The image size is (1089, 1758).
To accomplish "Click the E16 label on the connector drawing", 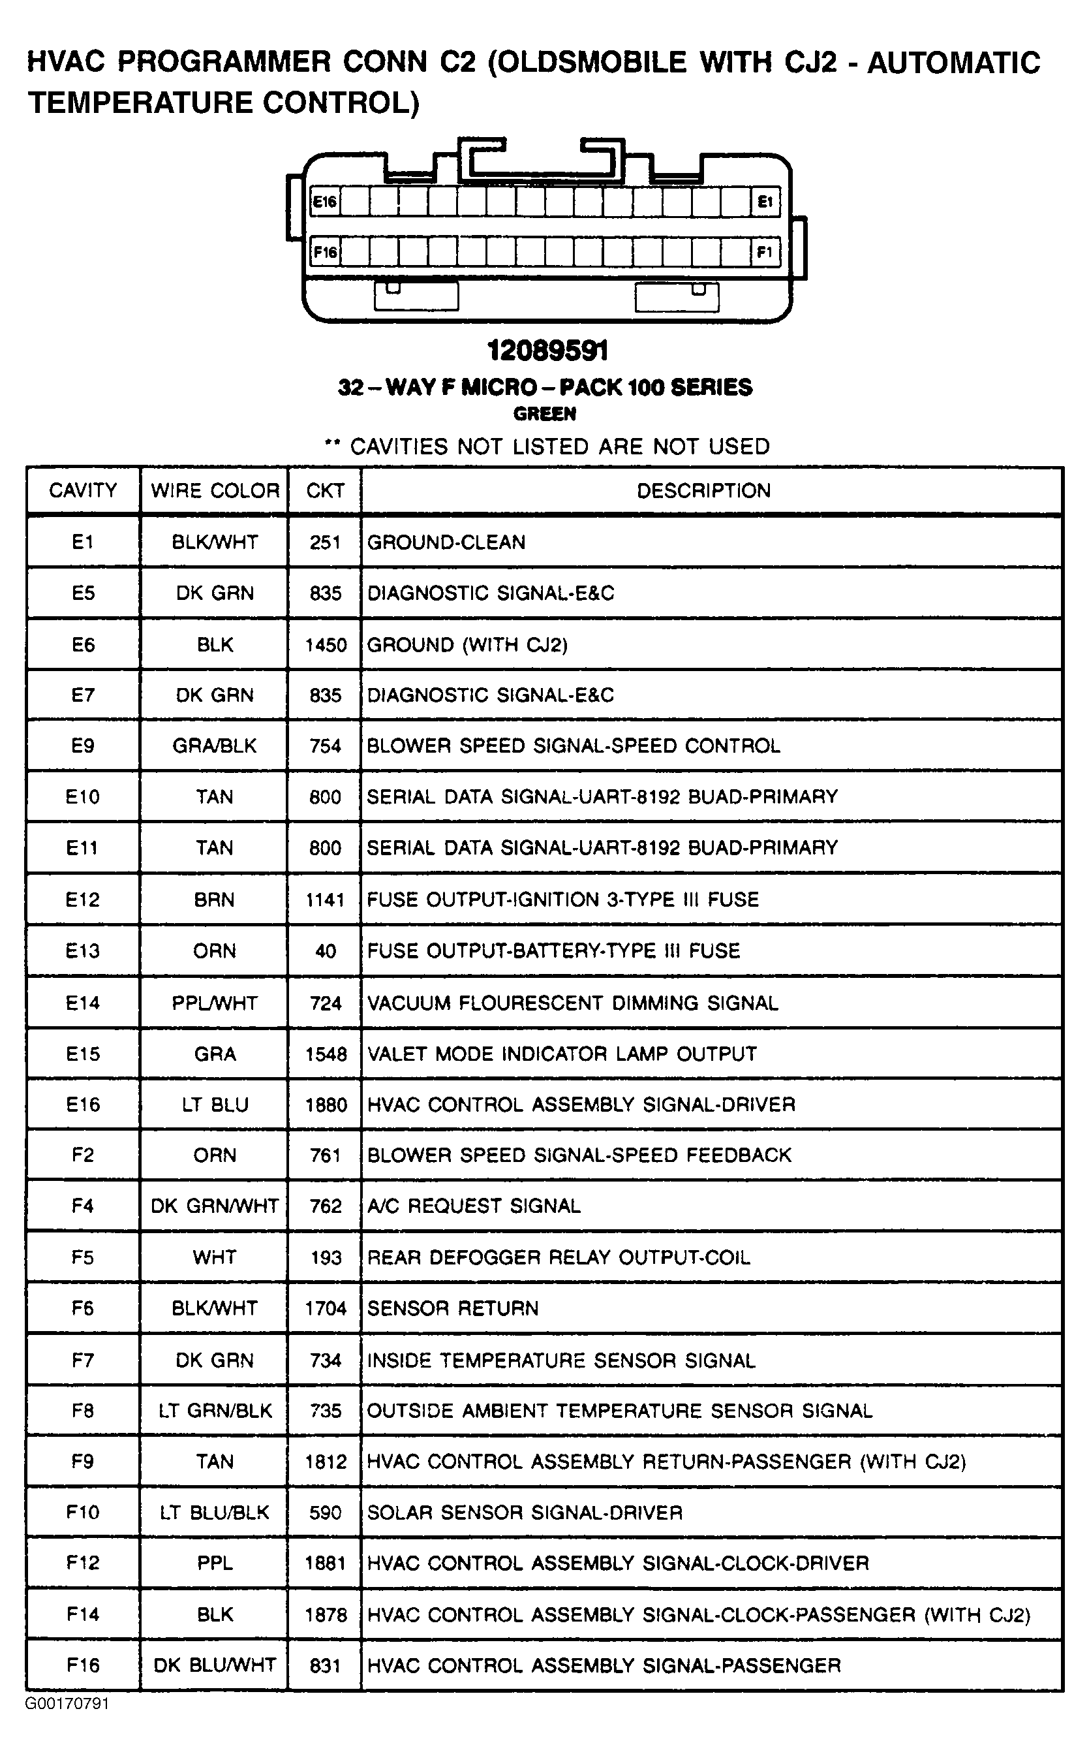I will click(x=325, y=202).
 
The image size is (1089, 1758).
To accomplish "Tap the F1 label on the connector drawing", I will click(x=764, y=252).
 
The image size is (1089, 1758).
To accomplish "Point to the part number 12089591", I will click(x=547, y=351).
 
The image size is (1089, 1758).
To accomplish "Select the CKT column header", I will click(x=325, y=491).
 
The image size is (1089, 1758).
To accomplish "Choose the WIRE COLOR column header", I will click(x=215, y=491).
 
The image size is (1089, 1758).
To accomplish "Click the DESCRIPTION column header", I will click(x=703, y=491).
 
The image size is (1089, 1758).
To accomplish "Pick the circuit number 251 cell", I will click(x=325, y=542).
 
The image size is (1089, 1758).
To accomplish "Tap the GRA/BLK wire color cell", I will click(x=215, y=746).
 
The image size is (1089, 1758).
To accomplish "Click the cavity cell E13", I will click(x=83, y=951).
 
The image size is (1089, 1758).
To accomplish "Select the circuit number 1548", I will click(x=326, y=1054).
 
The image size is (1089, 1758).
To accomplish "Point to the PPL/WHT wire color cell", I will click(x=215, y=1003).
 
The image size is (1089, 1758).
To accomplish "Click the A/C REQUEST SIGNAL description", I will click(x=474, y=1206).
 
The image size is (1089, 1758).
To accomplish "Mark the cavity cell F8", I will click(x=83, y=1411).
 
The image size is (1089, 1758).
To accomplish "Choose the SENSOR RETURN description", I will click(x=453, y=1308).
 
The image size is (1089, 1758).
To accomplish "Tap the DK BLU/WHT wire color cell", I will click(x=215, y=1665).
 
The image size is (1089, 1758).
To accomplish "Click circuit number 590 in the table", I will click(x=325, y=1513).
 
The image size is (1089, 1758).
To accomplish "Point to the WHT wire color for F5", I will click(x=215, y=1257).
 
